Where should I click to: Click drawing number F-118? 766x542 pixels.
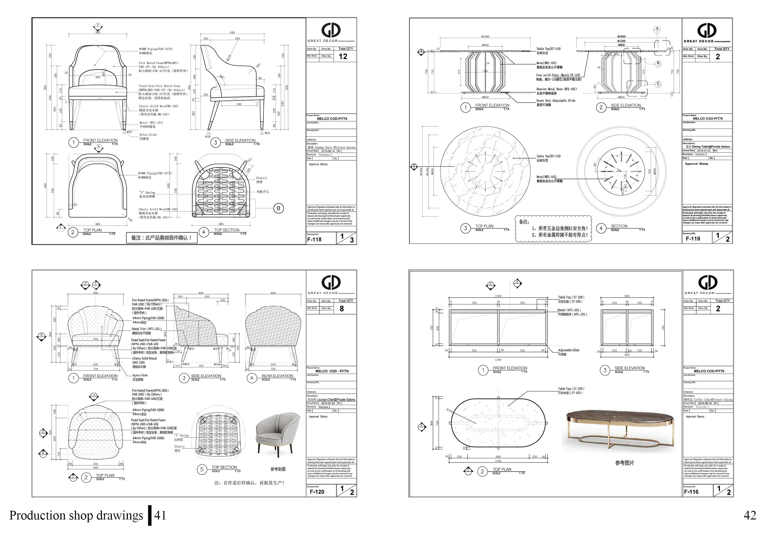(x=314, y=239)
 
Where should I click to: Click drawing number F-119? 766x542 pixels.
(x=693, y=239)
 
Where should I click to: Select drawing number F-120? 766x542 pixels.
(x=317, y=492)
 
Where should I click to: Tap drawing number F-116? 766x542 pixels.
(x=691, y=492)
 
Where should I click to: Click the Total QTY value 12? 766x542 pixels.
(x=343, y=57)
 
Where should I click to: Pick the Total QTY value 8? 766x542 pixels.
(x=342, y=309)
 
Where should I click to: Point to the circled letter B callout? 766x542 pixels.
(x=279, y=208)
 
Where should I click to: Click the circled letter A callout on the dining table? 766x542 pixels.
(x=657, y=29)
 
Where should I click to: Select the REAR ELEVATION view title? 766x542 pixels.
(x=277, y=376)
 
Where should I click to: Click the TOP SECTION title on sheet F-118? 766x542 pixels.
(x=226, y=230)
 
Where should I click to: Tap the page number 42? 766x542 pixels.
(x=750, y=516)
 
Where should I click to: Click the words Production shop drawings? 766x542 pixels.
(x=76, y=516)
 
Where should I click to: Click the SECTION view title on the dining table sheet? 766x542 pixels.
(x=619, y=226)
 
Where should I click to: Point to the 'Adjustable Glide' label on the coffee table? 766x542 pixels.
(x=569, y=350)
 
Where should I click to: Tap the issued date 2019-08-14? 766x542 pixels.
(x=328, y=151)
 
